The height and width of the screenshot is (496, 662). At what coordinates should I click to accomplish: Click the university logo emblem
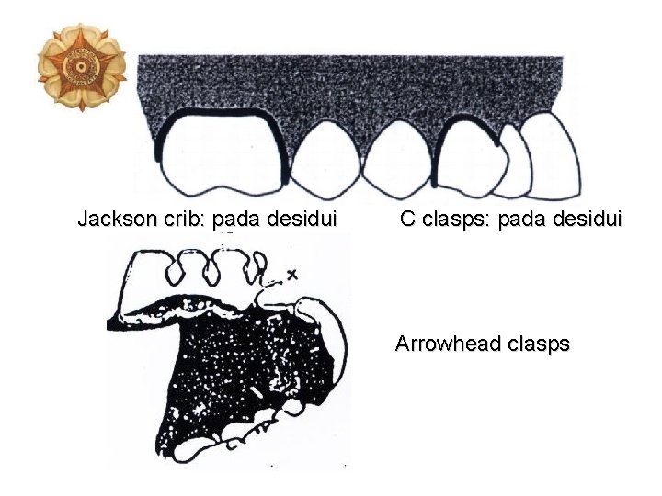pos(81,66)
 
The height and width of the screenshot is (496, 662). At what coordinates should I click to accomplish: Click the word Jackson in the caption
pos(113,220)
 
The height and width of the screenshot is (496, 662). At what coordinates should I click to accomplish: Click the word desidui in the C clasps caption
pos(589,220)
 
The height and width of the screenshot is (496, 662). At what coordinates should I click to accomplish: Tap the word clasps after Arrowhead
pos(537,344)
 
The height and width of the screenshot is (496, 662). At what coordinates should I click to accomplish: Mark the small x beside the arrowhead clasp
pos(293,274)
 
